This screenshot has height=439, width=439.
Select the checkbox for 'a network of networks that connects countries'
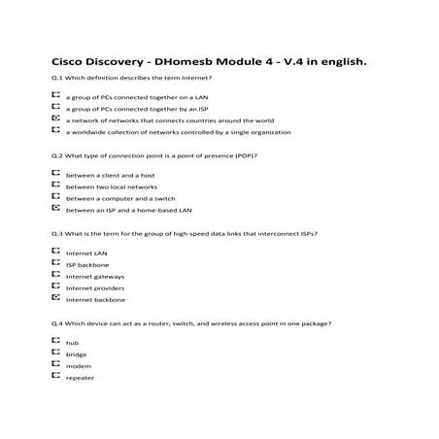[x=55, y=119]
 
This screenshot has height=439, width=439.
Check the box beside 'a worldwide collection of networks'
[x=55, y=131]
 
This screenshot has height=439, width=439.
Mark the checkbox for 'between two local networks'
[x=55, y=186]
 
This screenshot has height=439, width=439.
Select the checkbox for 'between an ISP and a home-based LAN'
[x=55, y=208]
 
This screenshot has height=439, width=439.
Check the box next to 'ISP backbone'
[x=55, y=263]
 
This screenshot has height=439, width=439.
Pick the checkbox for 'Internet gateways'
[x=55, y=275]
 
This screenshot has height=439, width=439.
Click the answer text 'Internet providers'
[x=94, y=287]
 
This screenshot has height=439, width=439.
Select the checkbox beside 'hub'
[x=55, y=342]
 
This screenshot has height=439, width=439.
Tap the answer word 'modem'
[x=78, y=366]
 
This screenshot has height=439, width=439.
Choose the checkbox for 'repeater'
[x=55, y=376]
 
